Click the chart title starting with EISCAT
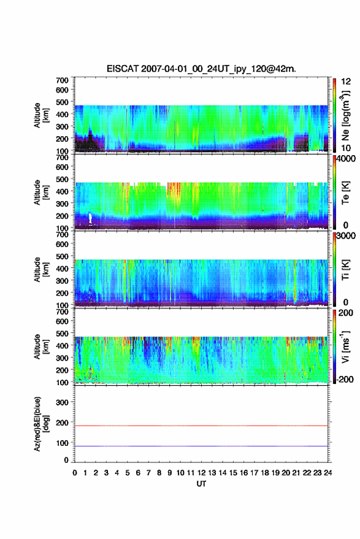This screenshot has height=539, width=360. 201,69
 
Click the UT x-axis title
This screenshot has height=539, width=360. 201,484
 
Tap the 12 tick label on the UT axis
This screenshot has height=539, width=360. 201,473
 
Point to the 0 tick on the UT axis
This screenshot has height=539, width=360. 75,473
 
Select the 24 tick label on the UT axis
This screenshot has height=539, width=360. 327,473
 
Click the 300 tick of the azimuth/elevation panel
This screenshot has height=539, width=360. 62,402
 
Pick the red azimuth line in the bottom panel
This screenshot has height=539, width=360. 201,426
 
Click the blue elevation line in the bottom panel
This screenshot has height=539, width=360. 201,446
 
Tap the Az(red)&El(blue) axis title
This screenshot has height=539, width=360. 40,424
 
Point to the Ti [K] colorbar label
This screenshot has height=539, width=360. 345,270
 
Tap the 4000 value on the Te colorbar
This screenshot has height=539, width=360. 346,159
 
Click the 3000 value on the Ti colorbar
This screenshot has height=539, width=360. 346,236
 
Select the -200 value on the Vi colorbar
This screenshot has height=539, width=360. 344,379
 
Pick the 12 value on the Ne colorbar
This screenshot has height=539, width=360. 346,82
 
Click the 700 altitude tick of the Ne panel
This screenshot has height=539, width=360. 62,80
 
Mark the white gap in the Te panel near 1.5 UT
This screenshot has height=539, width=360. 90,219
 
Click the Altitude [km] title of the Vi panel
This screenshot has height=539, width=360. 40,346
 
